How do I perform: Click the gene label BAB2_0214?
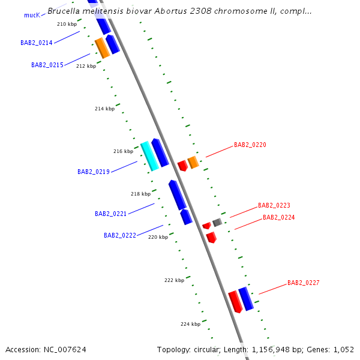pos(37,43)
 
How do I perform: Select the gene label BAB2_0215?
pos(47,65)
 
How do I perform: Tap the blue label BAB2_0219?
pos(94,172)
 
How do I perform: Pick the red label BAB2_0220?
pos(250,145)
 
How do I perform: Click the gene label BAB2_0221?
pos(111,214)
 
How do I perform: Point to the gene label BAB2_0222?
pos(120,236)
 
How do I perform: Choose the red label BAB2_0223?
pos(274,205)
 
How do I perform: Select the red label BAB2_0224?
pos(279,217)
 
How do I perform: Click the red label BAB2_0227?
pos(304,283)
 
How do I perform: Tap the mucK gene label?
pos(32,15)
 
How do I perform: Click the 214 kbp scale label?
pos(104,109)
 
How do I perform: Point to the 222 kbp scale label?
pos(174,280)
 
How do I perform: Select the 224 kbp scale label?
pos(190,324)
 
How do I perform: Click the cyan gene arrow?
pos(149,156)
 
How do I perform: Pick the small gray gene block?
pos(217,223)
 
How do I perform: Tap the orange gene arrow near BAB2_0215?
pos(102,48)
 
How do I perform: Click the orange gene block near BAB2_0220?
pos(193,162)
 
